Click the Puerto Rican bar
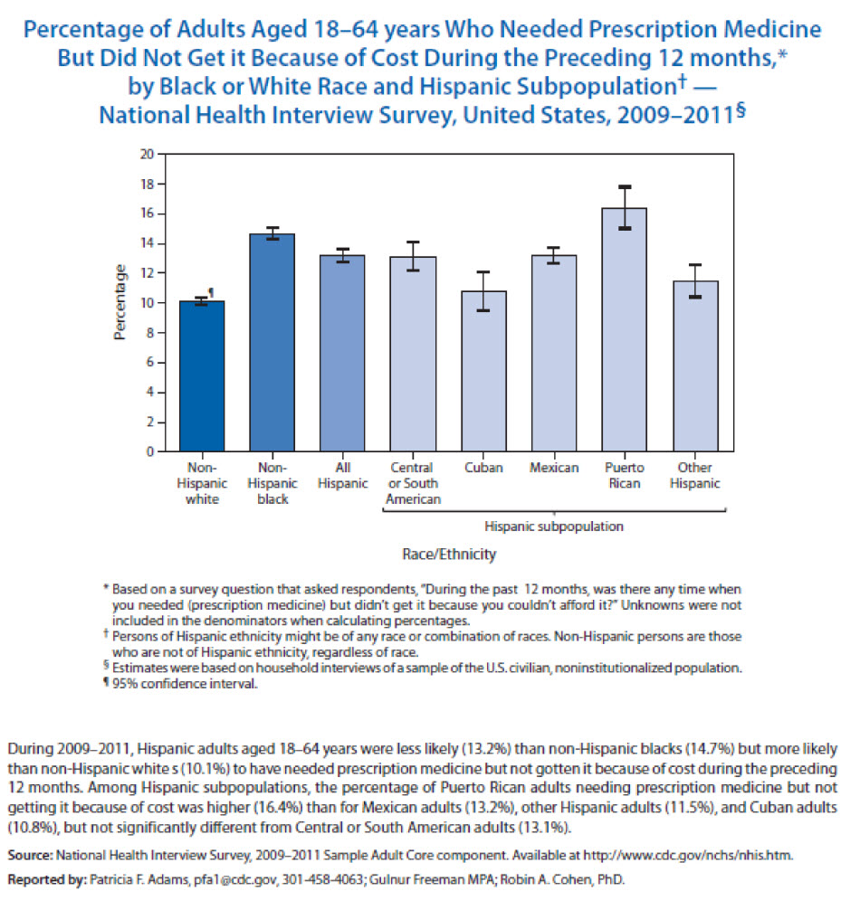pyautogui.click(x=624, y=329)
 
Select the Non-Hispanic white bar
pyautogui.click(x=202, y=376)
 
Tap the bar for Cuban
pyautogui.click(x=483, y=372)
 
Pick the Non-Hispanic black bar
pyautogui.click(x=272, y=343)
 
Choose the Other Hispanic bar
pyautogui.click(x=695, y=366)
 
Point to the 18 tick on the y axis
pyautogui.click(x=161, y=184)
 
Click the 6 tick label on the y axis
pyautogui.click(x=149, y=362)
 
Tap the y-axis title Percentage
pyautogui.click(x=119, y=302)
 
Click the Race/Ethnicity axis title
pyautogui.click(x=449, y=555)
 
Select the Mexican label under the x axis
pyautogui.click(x=554, y=468)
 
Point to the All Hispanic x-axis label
pyautogui.click(x=342, y=475)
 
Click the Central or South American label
pyautogui.click(x=413, y=483)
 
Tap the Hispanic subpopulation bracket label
pyautogui.click(x=554, y=526)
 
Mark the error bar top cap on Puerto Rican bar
pyautogui.click(x=625, y=187)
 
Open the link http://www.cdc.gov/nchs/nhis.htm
pyautogui.click(x=687, y=855)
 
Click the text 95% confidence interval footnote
pyautogui.click(x=185, y=684)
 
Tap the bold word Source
pyautogui.click(x=30, y=855)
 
